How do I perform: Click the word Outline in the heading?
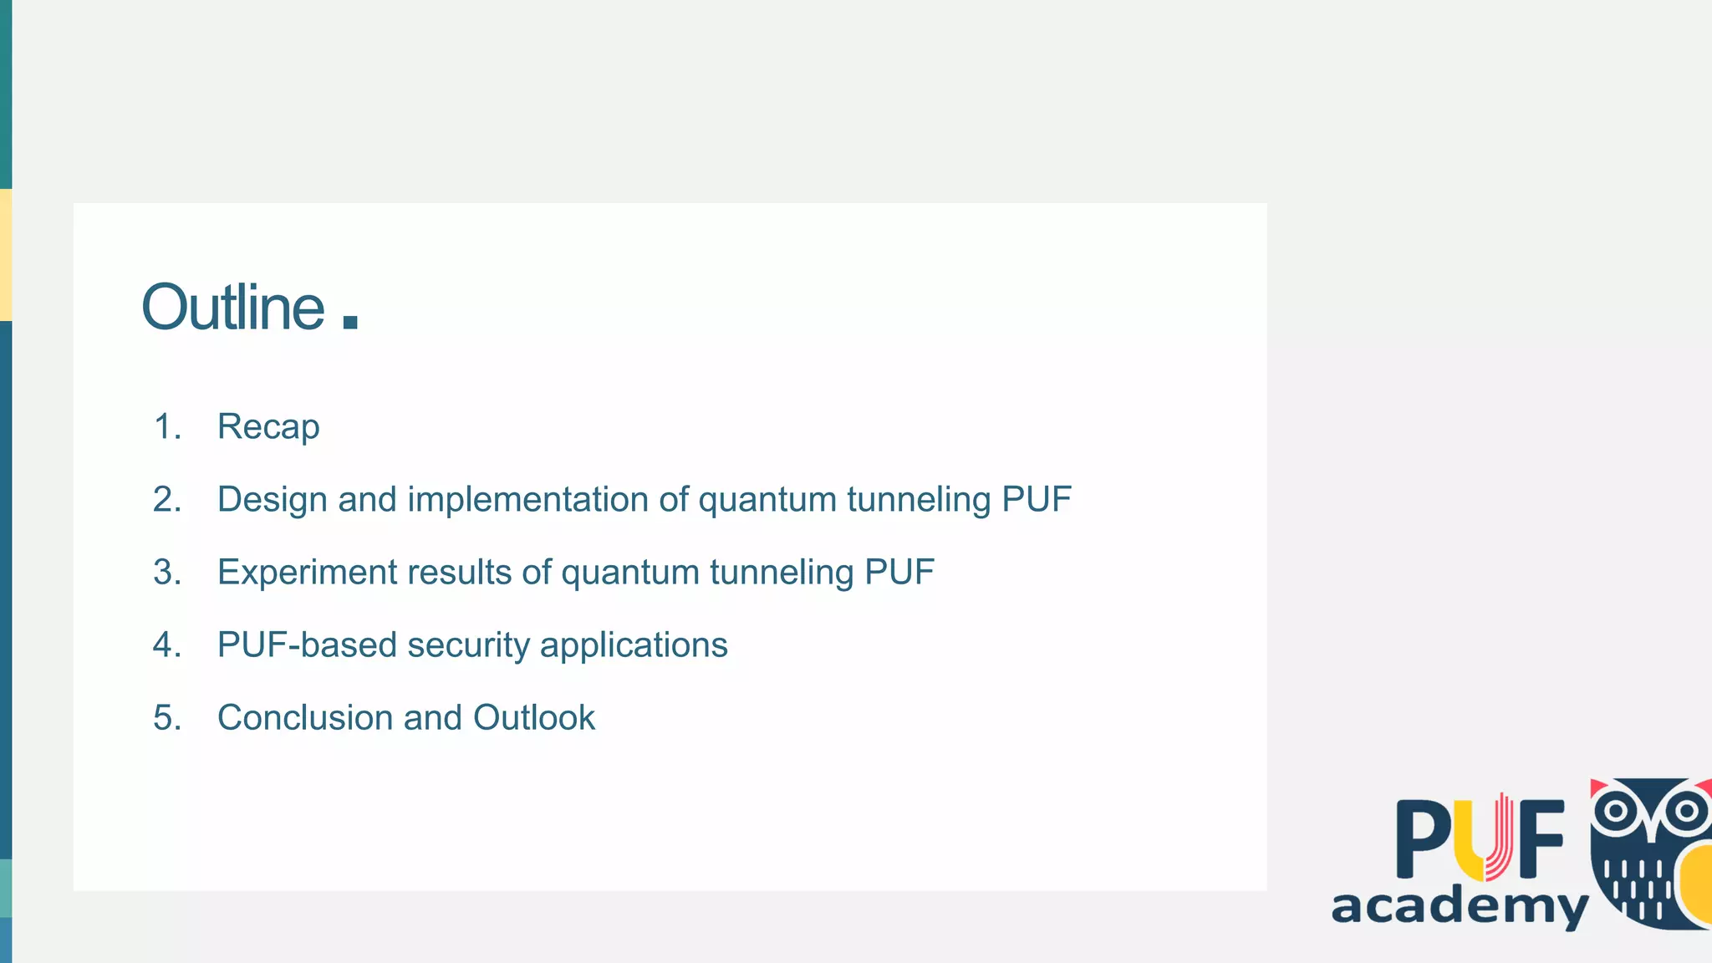click(232, 308)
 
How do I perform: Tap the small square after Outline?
click(350, 322)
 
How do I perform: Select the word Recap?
click(268, 427)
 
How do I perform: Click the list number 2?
click(166, 500)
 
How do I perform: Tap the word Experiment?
click(307, 573)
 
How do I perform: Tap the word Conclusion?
click(304, 718)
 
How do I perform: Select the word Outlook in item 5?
click(533, 718)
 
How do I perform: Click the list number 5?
click(166, 718)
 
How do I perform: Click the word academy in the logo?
click(1459, 906)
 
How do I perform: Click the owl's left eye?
click(1617, 810)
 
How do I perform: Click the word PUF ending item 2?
click(1036, 500)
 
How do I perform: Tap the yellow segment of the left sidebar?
click(5, 255)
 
